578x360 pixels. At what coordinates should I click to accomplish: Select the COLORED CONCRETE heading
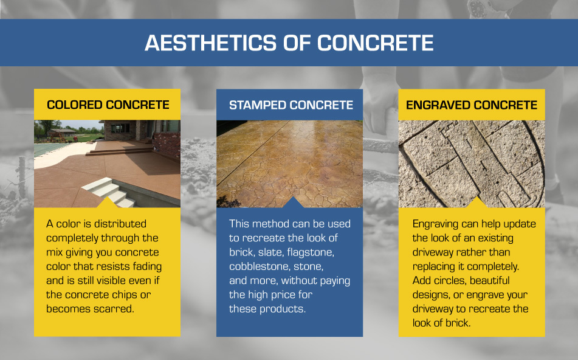click(108, 105)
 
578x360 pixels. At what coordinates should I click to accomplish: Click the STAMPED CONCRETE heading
click(291, 105)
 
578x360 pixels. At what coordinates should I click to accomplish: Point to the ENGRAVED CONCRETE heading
click(472, 105)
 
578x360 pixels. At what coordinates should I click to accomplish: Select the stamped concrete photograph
click(289, 163)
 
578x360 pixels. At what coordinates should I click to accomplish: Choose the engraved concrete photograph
click(472, 163)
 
